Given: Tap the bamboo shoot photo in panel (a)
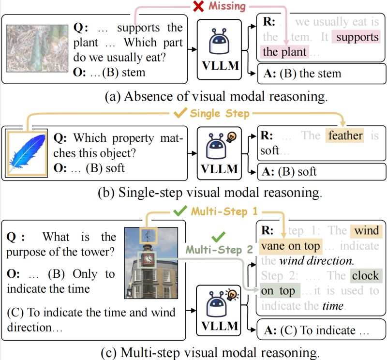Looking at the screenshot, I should (37, 48).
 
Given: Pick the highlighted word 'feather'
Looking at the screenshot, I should (345, 136).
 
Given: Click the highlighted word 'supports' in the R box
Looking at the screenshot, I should (357, 37).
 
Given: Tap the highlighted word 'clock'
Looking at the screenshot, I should (365, 276).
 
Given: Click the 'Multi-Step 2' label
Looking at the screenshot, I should (219, 250).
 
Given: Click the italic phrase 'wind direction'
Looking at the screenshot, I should (315, 261).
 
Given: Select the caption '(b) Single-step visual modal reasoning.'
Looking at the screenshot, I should (193, 193).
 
